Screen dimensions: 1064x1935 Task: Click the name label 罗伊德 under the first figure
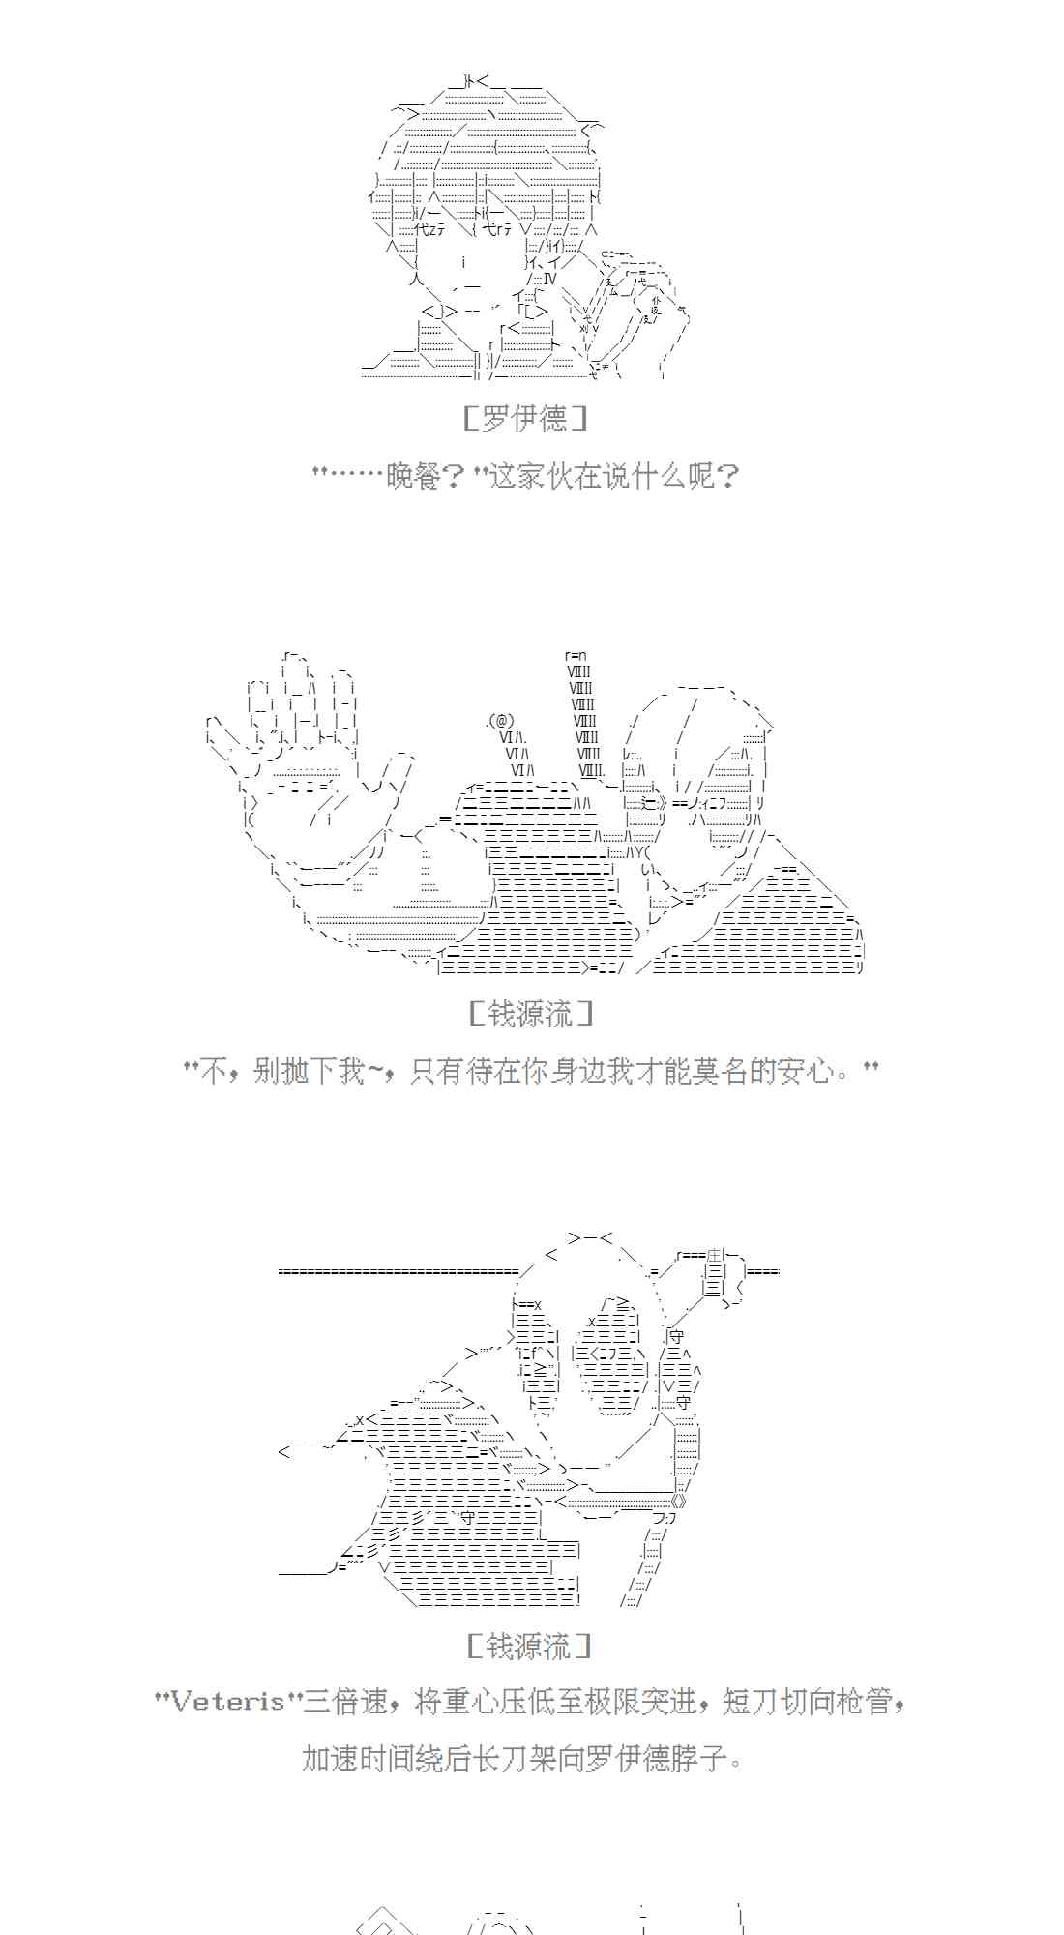click(x=525, y=419)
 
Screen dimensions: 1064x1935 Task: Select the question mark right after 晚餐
click(x=455, y=476)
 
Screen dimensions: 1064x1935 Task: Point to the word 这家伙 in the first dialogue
click(x=533, y=476)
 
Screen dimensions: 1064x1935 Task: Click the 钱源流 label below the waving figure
click(x=530, y=1014)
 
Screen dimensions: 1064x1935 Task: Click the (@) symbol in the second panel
click(x=501, y=722)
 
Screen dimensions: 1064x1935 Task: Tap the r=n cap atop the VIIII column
click(x=576, y=656)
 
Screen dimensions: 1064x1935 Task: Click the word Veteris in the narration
click(x=228, y=1702)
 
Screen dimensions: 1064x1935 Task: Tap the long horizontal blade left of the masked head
click(x=399, y=1271)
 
